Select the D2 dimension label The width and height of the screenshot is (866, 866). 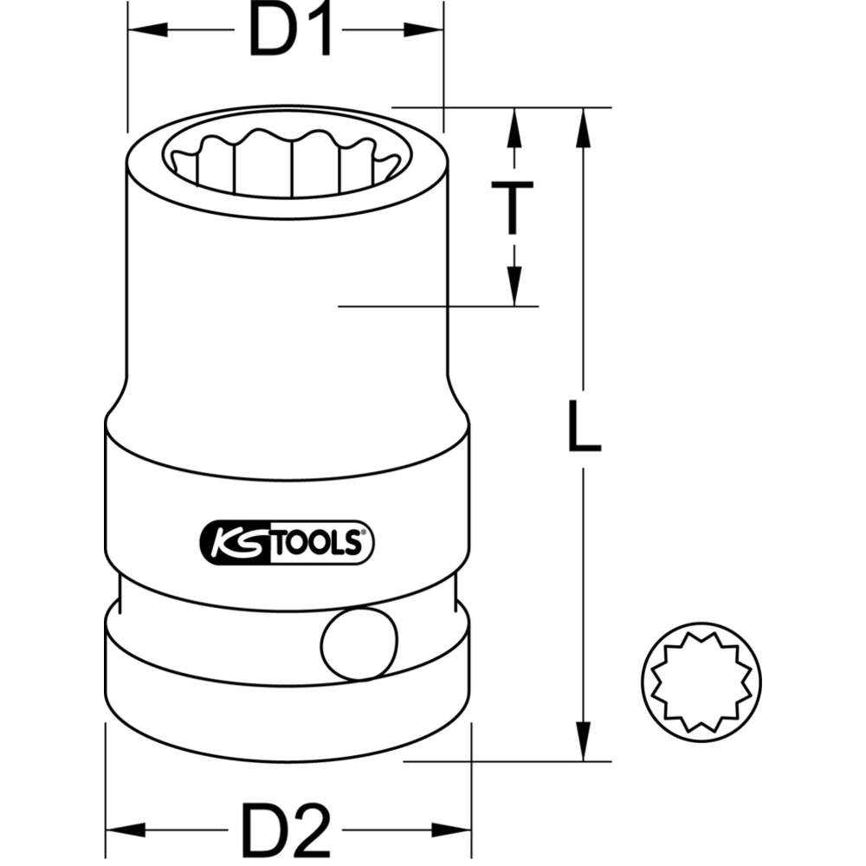click(286, 830)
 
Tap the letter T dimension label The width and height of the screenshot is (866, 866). click(513, 207)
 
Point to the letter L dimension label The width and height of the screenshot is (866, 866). click(585, 425)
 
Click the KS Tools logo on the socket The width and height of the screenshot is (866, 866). click(286, 542)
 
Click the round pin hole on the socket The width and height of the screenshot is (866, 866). click(359, 643)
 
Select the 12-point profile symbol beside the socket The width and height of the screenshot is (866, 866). click(701, 682)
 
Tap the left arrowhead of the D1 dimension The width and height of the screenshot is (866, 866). click(147, 29)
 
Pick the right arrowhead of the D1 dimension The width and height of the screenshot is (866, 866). click(423, 29)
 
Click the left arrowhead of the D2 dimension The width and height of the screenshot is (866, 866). click(126, 830)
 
